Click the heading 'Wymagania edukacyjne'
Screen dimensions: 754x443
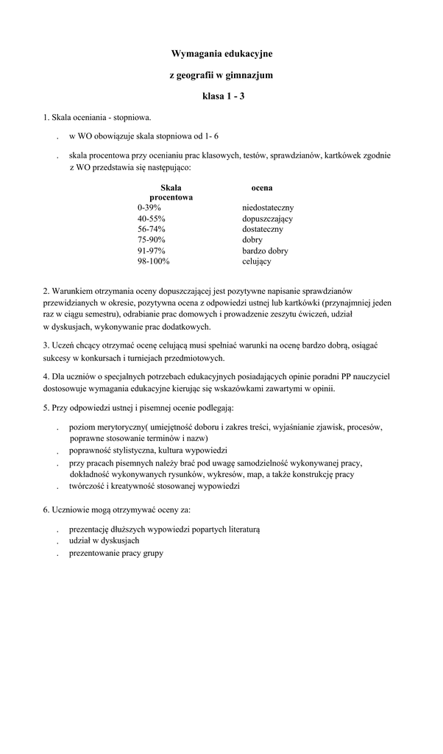tap(221, 54)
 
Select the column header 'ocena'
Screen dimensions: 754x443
tap(262, 188)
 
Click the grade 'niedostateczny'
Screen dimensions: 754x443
tap(268, 208)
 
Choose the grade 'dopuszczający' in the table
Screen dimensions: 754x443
tap(267, 219)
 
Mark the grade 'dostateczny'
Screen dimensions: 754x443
tap(263, 229)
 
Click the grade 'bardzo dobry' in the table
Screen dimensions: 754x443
tap(265, 250)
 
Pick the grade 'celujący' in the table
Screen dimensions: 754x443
tap(257, 261)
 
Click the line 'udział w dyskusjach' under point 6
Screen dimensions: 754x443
tap(104, 540)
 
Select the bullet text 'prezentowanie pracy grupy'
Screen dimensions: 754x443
tap(116, 552)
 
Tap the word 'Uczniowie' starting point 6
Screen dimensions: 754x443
tap(70, 510)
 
